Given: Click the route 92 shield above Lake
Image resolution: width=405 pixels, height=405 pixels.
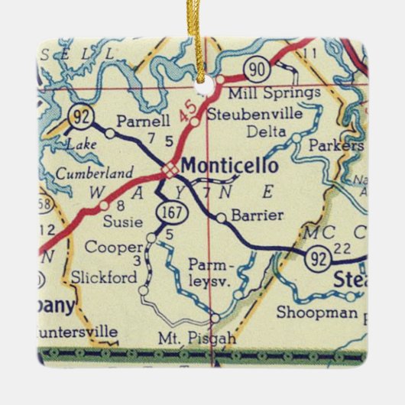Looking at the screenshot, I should [79, 118].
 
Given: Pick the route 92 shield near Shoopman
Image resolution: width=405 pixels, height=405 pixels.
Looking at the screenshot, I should [315, 259].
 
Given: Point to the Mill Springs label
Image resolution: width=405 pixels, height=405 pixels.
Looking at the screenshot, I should [284, 93].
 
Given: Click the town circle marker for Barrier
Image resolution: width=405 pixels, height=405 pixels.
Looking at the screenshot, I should [221, 218].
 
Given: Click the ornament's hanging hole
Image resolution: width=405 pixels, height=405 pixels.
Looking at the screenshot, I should [204, 74].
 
